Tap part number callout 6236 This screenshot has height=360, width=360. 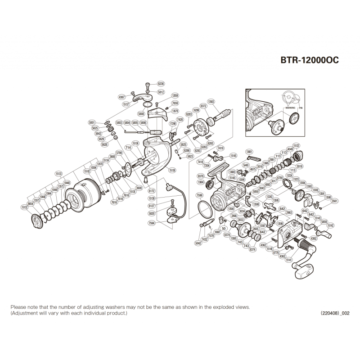click(161, 84)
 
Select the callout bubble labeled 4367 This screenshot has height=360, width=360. click(121, 97)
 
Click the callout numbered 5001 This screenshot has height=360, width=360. click(92, 122)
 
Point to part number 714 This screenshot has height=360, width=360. click(128, 148)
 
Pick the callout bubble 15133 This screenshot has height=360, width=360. click(58, 172)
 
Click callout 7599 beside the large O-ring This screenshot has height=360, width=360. click(199, 195)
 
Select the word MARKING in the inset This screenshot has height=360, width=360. click(290, 108)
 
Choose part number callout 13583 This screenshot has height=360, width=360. click(211, 102)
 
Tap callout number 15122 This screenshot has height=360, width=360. click(296, 145)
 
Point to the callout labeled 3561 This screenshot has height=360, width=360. click(334, 201)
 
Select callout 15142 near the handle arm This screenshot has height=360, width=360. click(331, 225)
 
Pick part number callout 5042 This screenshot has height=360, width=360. click(198, 243)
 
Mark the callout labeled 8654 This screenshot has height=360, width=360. click(30, 204)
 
